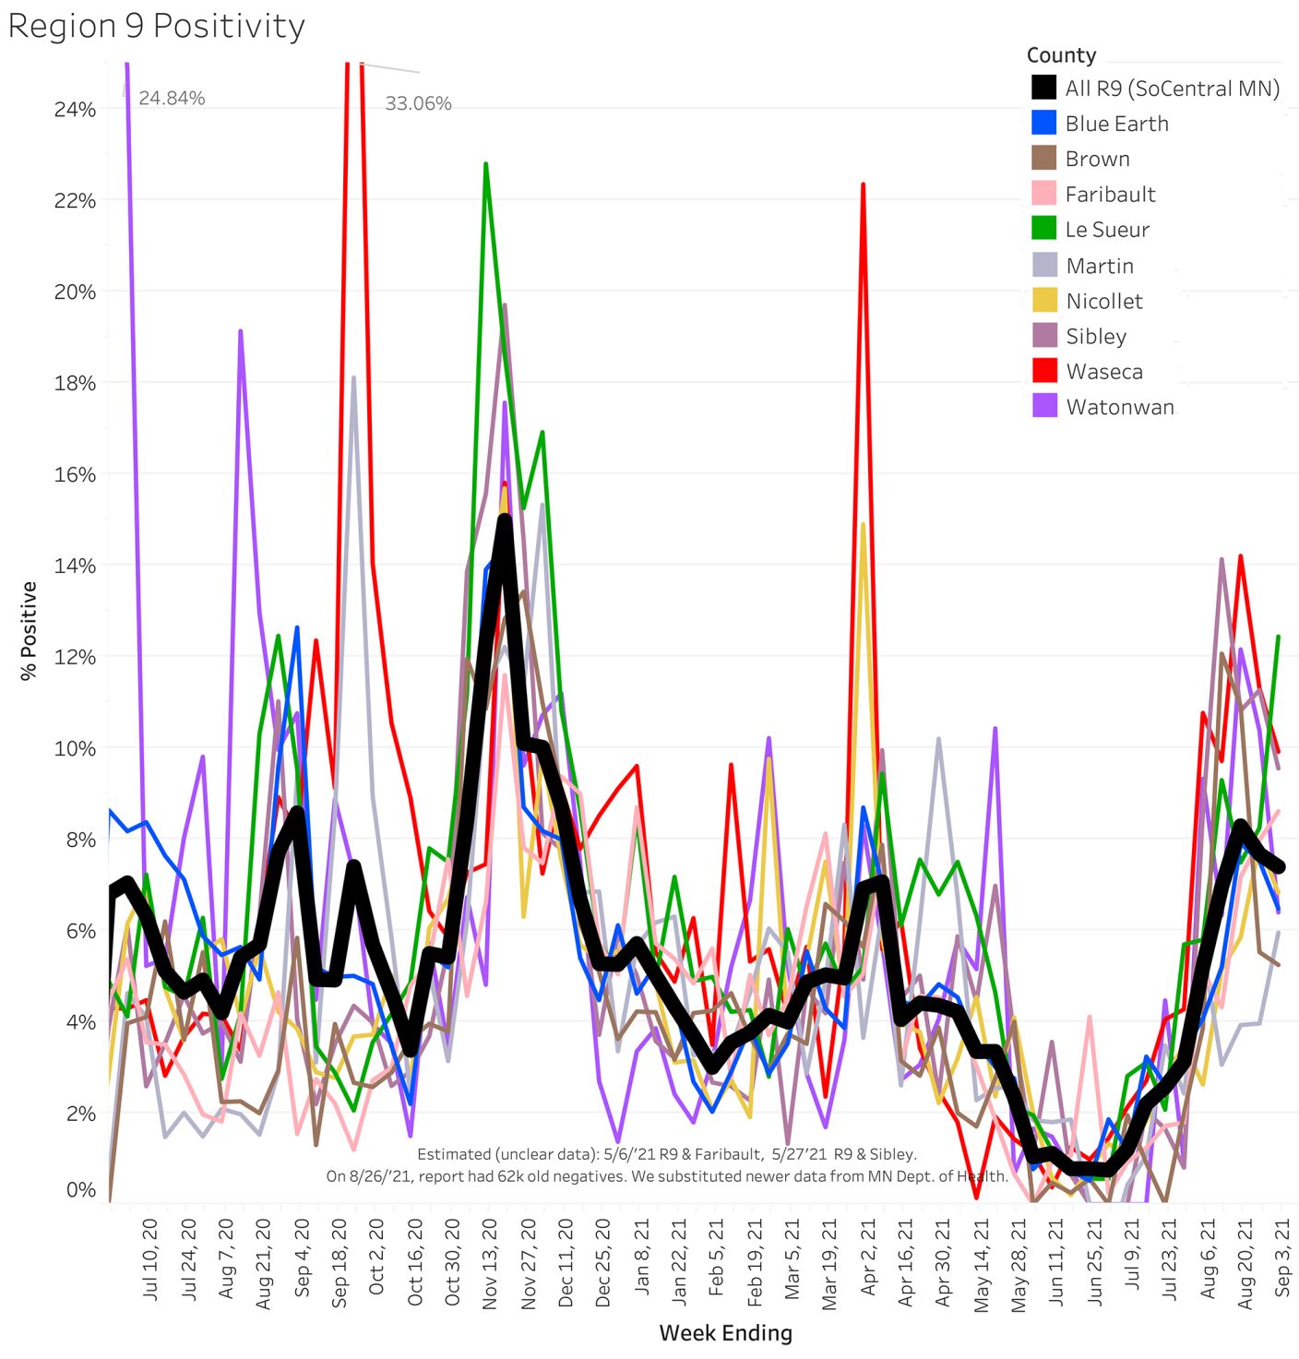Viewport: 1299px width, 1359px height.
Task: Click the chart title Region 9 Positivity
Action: [x=156, y=26]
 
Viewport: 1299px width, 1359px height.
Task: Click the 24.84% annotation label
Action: [x=172, y=98]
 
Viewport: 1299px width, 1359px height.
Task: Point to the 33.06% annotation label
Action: [x=418, y=103]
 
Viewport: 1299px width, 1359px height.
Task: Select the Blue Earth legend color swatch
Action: [x=1043, y=123]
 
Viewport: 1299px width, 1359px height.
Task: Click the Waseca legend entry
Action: [x=1103, y=372]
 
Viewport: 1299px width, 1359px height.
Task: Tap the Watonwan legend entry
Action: [x=1119, y=407]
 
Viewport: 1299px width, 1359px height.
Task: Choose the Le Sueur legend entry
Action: [x=1106, y=230]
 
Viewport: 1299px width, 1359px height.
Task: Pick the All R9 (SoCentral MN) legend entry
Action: [x=1172, y=89]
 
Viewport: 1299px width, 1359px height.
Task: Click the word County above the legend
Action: [x=1061, y=55]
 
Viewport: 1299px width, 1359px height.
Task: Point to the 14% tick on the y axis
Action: [x=75, y=566]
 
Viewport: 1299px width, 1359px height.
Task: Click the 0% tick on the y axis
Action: [x=80, y=1190]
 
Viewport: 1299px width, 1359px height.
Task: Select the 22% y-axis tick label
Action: [x=75, y=200]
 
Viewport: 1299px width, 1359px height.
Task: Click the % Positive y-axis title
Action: [x=29, y=631]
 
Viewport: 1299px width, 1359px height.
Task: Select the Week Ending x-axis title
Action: [x=725, y=1333]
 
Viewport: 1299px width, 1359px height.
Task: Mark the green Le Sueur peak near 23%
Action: [x=485, y=164]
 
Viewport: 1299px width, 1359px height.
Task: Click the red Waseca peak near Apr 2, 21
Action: [x=863, y=184]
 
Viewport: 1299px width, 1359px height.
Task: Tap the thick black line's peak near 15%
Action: [x=504, y=519]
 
